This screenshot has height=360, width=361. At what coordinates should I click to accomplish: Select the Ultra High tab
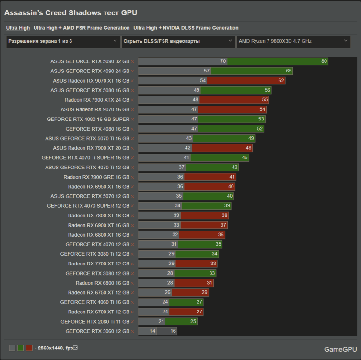18,28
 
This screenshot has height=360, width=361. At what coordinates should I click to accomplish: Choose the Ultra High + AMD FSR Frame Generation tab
82,28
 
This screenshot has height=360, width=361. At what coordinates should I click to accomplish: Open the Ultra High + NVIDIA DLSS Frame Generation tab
186,28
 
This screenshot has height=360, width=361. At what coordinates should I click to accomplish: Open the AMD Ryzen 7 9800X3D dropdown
293,41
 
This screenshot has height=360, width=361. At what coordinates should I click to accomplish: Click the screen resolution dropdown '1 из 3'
63,41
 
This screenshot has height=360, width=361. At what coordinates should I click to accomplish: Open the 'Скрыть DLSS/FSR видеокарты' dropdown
178,41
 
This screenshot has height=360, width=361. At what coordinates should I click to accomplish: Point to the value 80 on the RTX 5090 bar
324,61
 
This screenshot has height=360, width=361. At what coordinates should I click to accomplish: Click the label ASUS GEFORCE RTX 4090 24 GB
90,71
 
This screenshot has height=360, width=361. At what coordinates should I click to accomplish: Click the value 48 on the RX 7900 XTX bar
196,100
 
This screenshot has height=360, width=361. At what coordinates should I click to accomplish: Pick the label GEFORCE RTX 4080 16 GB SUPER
88,119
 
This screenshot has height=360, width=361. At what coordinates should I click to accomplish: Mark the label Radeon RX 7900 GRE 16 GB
96,177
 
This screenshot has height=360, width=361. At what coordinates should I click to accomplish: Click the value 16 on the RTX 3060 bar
173,331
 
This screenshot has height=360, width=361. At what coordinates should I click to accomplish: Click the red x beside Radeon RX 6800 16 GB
133,283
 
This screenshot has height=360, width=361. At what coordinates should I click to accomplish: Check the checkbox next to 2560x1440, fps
75,348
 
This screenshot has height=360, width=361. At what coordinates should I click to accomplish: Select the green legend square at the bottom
21,348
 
